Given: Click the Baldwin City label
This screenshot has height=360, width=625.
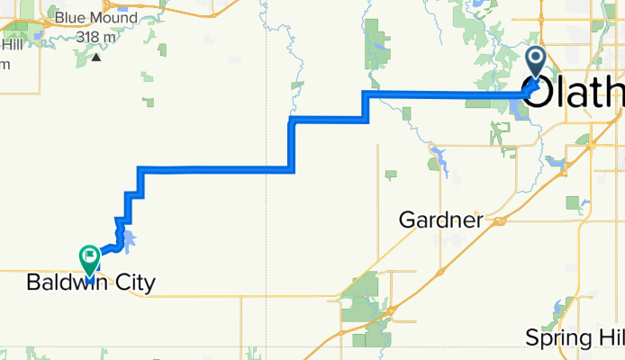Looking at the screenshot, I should [x=90, y=283].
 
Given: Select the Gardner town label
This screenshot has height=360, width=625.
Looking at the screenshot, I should [x=440, y=220].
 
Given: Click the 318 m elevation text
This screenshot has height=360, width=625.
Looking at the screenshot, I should [x=96, y=36].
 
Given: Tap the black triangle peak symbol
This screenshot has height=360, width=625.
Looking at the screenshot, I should [x=95, y=57].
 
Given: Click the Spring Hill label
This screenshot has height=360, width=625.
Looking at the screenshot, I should [x=574, y=337].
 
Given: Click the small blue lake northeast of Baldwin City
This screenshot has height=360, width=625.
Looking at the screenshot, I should [x=129, y=238].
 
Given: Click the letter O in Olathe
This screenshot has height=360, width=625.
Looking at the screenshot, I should [x=536, y=93].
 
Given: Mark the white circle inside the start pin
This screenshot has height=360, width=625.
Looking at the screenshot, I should [x=534, y=59].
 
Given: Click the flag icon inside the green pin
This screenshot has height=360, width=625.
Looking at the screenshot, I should [x=90, y=256].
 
